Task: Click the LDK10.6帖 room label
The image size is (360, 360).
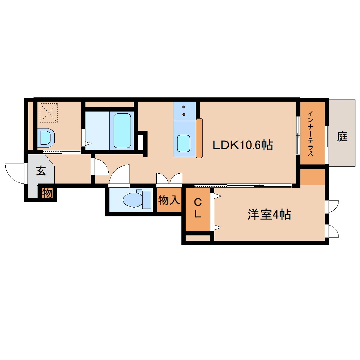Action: tap(243, 145)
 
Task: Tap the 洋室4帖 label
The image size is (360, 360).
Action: tap(269, 215)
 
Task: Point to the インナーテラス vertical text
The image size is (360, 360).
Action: tap(310, 133)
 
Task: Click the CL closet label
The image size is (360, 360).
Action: tap(198, 208)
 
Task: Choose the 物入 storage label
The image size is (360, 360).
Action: tap(169, 200)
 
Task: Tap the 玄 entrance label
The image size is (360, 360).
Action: tap(41, 170)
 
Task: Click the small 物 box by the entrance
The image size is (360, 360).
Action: tap(47, 193)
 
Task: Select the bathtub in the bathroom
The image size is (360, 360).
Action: tap(122, 130)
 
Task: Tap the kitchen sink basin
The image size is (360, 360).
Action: tap(184, 144)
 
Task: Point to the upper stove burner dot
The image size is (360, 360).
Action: tap(184, 107)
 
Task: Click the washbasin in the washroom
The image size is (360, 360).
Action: tap(46, 138)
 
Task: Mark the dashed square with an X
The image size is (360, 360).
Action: tap(48, 113)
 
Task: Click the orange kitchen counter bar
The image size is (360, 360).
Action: tap(199, 138)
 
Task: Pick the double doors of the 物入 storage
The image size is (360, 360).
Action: tap(169, 178)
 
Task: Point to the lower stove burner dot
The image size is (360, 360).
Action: tap(184, 114)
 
